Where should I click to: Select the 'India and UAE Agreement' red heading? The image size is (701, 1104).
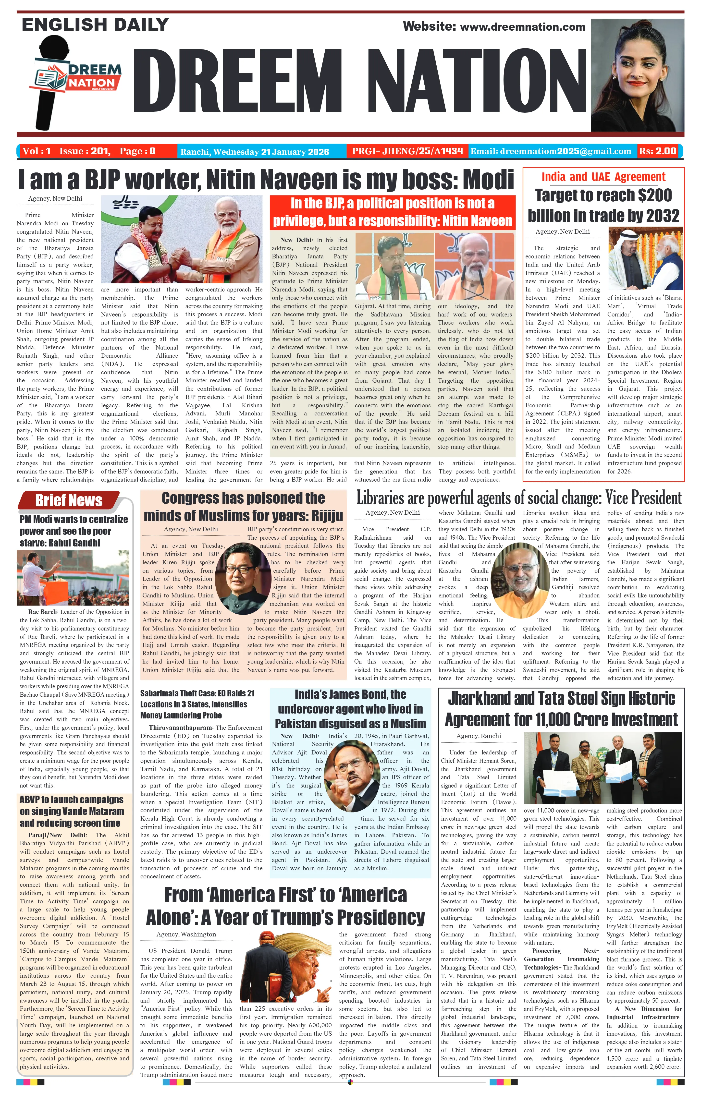coord(603,177)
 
